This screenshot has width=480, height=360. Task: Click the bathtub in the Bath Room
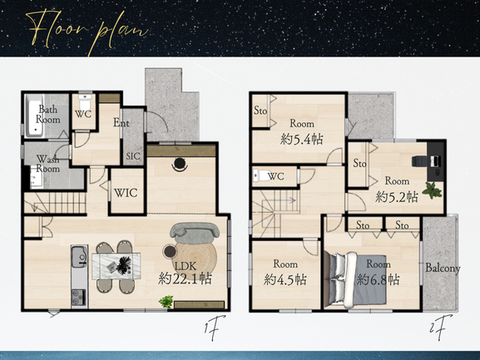pyautogui.click(x=34, y=116)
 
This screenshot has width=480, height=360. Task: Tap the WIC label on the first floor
pyautogui.click(x=126, y=193)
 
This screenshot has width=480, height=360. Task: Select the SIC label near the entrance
pyautogui.click(x=133, y=156)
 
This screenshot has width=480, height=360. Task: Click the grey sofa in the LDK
pyautogui.click(x=195, y=230)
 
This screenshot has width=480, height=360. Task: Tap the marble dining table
pyautogui.click(x=116, y=266)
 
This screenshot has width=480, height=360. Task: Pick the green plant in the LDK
pyautogui.click(x=166, y=301)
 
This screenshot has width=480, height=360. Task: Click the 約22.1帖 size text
pyautogui.click(x=185, y=279)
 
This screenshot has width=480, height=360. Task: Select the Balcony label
pyautogui.click(x=443, y=269)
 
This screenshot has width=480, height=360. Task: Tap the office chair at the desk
pyautogui.click(x=419, y=161)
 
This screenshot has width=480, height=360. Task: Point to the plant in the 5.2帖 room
pyautogui.click(x=432, y=190)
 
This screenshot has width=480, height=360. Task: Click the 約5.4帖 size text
pyautogui.click(x=301, y=140)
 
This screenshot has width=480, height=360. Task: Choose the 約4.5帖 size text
pyautogui.click(x=285, y=279)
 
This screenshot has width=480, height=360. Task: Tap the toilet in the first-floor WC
pyautogui.click(x=84, y=100)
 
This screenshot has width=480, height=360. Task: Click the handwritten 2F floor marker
pyautogui.click(x=441, y=328)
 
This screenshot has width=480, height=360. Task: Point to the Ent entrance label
pyautogui.click(x=121, y=123)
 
